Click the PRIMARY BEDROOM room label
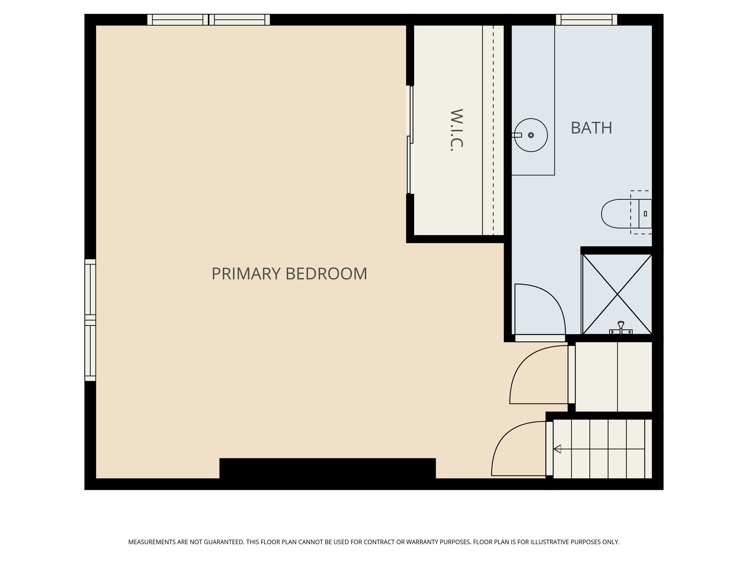click(x=289, y=274)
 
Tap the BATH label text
click(x=591, y=128)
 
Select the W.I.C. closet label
click(x=456, y=130)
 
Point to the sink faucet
click(x=517, y=135)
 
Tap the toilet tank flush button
click(x=645, y=214)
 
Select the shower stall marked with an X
click(x=617, y=294)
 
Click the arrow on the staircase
click(x=557, y=449)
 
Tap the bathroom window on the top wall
click(x=586, y=20)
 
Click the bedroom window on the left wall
click(x=90, y=320)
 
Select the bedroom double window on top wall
click(x=208, y=20)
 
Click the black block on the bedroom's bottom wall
click(x=327, y=468)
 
